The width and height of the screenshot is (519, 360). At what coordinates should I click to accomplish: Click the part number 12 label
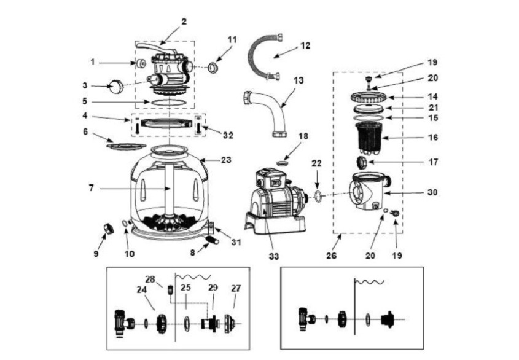tap(305, 45)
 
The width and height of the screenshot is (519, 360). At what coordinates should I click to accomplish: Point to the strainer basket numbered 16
tap(369, 139)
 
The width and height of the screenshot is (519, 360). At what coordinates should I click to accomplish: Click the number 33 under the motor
tap(274, 256)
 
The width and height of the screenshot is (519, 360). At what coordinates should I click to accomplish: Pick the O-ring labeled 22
tap(318, 195)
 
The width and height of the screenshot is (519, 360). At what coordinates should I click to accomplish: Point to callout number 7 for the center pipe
tap(92, 188)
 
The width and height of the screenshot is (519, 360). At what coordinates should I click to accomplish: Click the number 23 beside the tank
tap(227, 160)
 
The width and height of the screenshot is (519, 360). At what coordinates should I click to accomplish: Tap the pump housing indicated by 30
tap(369, 192)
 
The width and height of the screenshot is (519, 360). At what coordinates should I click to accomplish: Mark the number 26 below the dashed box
tap(331, 256)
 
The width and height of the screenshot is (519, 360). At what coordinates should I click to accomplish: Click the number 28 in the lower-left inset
tap(150, 279)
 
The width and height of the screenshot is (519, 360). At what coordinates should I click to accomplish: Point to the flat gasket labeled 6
tap(126, 146)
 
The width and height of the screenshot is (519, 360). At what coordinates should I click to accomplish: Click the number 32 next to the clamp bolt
tap(228, 135)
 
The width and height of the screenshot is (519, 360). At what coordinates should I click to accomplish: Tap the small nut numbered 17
tap(361, 162)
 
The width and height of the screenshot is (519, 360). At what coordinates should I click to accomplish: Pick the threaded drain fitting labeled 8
tap(212, 240)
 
